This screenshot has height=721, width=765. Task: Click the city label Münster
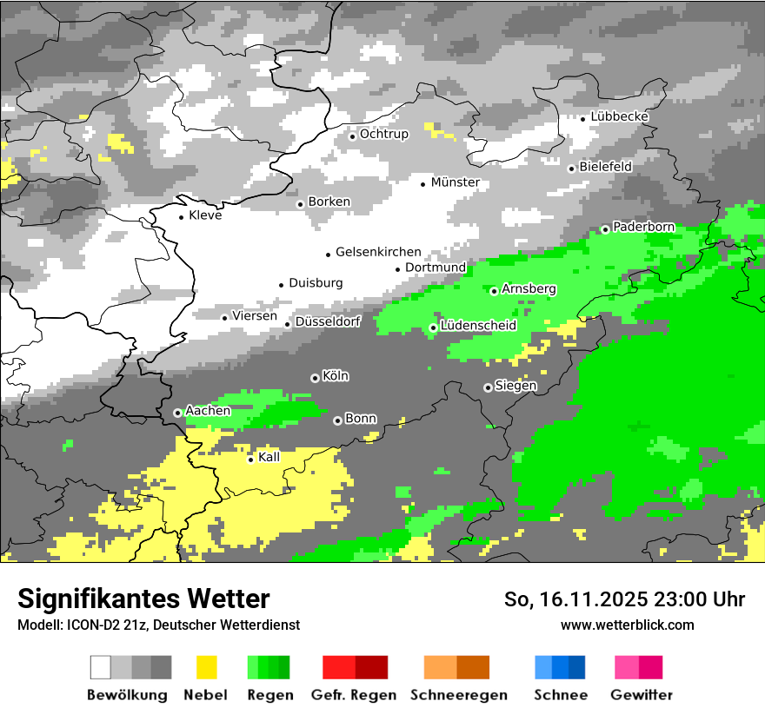[x=456, y=182]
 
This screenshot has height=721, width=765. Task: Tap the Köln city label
[x=336, y=376]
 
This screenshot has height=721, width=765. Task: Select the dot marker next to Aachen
[x=177, y=413]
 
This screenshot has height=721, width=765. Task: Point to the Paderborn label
[x=643, y=228]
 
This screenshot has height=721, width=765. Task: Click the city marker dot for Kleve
[x=181, y=216]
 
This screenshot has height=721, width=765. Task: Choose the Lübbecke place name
[x=620, y=116]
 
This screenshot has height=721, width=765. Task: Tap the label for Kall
[x=269, y=457]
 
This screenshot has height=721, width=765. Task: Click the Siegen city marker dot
[x=488, y=387]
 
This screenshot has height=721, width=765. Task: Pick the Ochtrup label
[x=384, y=134]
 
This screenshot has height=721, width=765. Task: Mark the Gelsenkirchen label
[x=378, y=252]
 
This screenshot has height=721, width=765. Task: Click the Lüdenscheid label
[x=478, y=326]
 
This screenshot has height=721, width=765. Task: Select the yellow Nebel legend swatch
[x=206, y=667]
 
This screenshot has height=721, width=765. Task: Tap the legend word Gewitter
[x=642, y=695]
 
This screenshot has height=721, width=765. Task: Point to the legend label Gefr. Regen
[x=354, y=695]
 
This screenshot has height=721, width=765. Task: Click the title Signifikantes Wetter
[x=143, y=599]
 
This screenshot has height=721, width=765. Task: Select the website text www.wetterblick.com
[x=628, y=625]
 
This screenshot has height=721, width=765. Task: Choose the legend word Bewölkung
[x=127, y=695]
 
